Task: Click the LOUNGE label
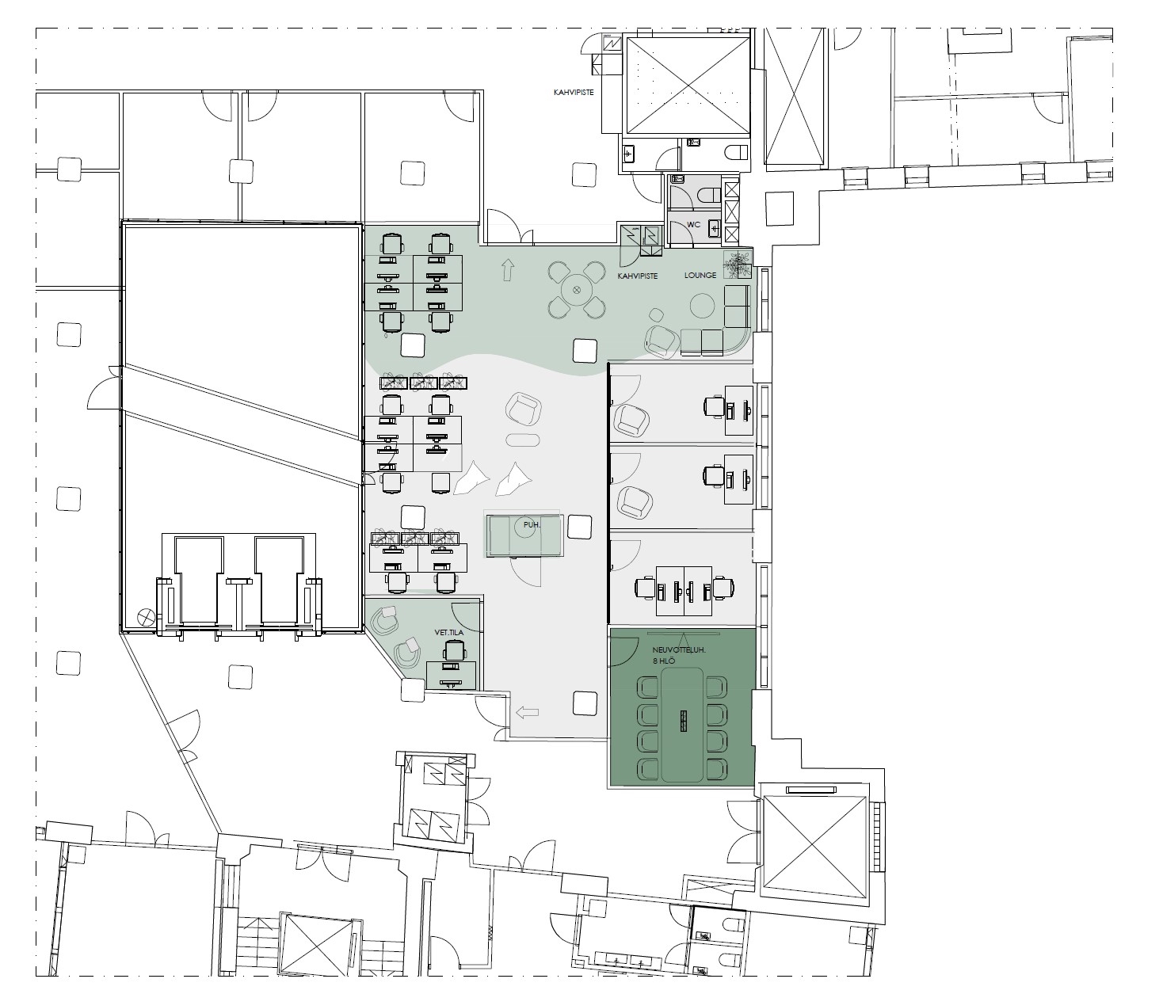700,275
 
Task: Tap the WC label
694,224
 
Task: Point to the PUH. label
532,524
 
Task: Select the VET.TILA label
449,632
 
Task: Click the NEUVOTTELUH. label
679,649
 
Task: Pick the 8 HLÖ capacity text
664,661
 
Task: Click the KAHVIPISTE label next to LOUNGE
638,276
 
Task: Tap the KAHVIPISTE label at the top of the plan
574,92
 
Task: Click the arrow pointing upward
508,269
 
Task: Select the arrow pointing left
527,714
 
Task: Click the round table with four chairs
577,289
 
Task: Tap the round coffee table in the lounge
704,306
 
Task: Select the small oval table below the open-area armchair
523,440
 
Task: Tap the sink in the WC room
715,228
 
